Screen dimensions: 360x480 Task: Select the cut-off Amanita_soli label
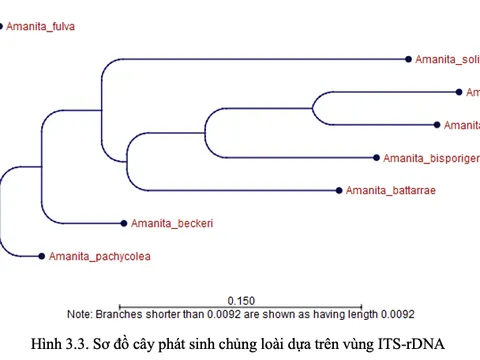447,60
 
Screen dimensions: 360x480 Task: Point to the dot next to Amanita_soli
409,60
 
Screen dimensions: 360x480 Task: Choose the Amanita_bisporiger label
431,158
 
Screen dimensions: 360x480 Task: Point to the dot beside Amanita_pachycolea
41,256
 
